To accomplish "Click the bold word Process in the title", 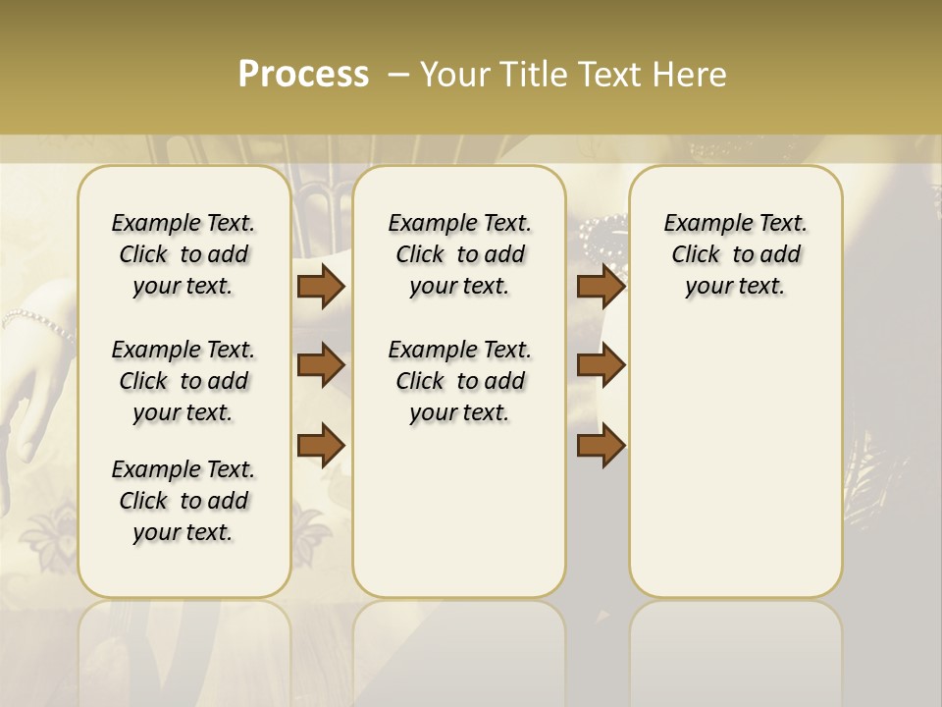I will click(303, 74).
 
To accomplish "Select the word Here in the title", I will click(690, 75).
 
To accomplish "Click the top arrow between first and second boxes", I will click(321, 287).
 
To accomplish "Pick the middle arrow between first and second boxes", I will click(321, 365).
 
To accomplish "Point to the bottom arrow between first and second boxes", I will click(321, 445).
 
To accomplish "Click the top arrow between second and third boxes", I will click(601, 287).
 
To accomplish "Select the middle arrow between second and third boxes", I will click(601, 365).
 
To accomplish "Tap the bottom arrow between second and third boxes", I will click(601, 445).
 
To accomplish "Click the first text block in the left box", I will click(183, 254).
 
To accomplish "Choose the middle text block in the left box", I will click(183, 381).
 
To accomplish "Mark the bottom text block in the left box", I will click(183, 501).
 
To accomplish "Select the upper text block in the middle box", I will click(459, 254).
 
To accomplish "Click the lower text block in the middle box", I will click(459, 381).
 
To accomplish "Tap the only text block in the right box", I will click(735, 254).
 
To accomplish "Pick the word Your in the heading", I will click(456, 75).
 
